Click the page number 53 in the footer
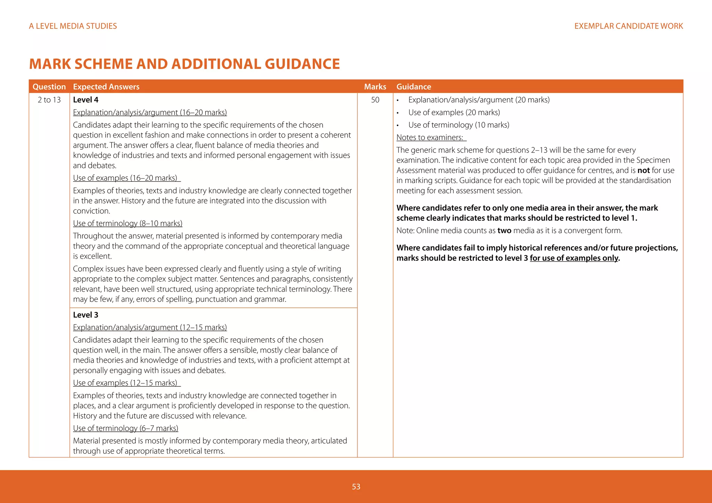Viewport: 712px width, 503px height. (356, 487)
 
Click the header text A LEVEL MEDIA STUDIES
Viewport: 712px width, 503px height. (73, 26)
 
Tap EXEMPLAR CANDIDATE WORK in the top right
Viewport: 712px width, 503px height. (629, 26)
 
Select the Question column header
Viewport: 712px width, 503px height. (49, 86)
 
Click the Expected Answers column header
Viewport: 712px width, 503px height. (106, 86)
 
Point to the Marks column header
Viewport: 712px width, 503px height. (375, 86)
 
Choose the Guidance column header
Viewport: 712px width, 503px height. (413, 86)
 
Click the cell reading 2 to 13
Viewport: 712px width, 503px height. (49, 100)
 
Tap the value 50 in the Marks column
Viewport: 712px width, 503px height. (375, 100)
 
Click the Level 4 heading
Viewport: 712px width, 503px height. (86, 100)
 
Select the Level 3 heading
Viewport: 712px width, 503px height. (86, 315)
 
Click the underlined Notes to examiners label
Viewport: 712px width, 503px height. (430, 137)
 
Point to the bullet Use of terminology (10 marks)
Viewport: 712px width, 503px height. (459, 125)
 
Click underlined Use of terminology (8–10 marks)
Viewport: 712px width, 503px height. (128, 223)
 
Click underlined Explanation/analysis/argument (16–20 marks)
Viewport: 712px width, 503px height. (150, 112)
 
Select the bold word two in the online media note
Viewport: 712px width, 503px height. (504, 231)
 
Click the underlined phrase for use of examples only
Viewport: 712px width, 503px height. (574, 258)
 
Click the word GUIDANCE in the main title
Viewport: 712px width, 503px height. (302, 64)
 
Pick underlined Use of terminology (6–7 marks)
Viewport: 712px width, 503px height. (126, 428)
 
